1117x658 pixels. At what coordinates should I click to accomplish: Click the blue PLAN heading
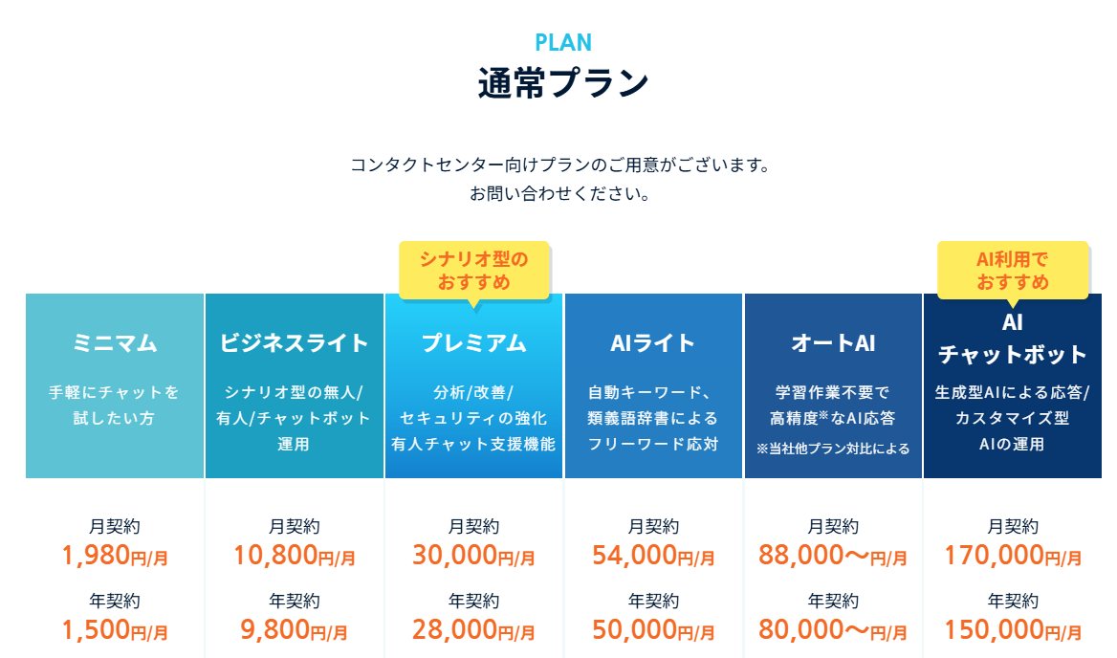562,43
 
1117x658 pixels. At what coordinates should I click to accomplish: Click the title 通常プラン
562,82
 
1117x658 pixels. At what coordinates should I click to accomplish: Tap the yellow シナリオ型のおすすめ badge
473,270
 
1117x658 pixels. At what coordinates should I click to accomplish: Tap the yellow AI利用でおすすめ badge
1012,270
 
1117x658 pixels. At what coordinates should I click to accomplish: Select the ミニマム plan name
115,343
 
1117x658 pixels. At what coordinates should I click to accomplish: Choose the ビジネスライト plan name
295,343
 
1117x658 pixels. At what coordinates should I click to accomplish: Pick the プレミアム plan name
473,343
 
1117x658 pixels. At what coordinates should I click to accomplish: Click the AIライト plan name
653,343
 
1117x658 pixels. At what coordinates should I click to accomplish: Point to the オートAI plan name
833,343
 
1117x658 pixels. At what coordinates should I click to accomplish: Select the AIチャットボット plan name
1012,339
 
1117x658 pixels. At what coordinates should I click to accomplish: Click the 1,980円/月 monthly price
115,556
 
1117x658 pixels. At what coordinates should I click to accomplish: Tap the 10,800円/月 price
295,556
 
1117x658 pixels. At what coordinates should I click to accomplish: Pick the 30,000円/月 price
473,556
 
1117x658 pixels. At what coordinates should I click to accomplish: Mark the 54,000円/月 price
653,556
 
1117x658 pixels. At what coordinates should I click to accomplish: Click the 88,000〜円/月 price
833,556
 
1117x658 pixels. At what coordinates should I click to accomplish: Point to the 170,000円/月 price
1012,556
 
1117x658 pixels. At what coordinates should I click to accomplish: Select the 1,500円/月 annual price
115,630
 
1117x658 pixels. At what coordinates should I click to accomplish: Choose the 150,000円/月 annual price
1012,630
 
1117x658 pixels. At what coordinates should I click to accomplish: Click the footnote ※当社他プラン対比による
833,449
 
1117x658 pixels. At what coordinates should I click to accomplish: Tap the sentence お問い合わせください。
559,194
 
